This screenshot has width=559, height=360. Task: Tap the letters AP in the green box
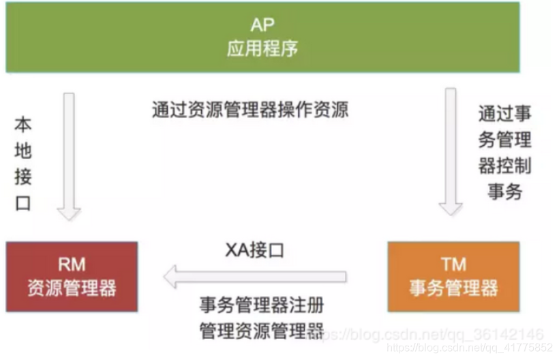(262, 26)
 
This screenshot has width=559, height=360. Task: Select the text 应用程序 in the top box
(262, 49)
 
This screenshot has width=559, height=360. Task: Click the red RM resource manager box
(72, 276)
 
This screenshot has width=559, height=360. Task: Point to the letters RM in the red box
(72, 265)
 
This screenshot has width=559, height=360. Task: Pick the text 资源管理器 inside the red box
(72, 287)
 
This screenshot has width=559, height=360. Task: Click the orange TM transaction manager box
(453, 276)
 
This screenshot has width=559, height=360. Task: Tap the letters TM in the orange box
(453, 265)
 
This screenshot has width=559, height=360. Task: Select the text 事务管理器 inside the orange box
(453, 287)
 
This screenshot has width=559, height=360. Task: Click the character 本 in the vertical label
(23, 125)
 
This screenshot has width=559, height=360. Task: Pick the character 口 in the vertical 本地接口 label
(23, 203)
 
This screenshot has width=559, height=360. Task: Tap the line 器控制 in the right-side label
(504, 166)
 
